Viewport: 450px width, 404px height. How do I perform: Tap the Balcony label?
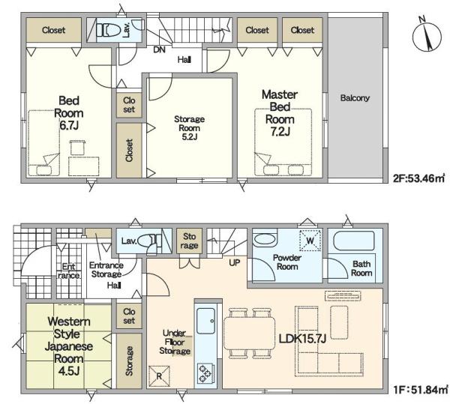(x=355, y=98)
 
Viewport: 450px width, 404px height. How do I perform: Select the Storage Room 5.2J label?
(x=190, y=128)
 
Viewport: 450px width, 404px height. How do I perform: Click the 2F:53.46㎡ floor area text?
(x=418, y=178)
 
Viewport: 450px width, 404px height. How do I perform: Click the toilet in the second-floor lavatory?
(x=109, y=29)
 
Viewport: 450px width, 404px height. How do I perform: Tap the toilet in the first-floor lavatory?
(x=148, y=241)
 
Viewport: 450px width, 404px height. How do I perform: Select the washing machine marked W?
(x=310, y=241)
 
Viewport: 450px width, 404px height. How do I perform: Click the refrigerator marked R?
(x=159, y=376)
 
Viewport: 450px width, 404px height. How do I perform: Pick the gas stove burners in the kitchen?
(x=205, y=373)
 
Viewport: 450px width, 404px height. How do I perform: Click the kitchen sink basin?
(x=205, y=321)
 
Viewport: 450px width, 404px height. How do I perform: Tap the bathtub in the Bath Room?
(x=354, y=241)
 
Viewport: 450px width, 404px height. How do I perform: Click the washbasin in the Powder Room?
(x=265, y=239)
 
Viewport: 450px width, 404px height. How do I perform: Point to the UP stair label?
(x=235, y=262)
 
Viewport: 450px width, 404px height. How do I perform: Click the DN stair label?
(x=159, y=50)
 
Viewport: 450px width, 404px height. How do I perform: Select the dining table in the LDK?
(x=249, y=334)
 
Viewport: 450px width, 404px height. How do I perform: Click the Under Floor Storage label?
(x=175, y=342)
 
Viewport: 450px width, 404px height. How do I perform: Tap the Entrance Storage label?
(x=106, y=270)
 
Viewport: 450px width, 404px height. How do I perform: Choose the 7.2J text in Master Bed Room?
(x=280, y=132)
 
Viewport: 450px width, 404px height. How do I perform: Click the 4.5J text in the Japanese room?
(x=68, y=371)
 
